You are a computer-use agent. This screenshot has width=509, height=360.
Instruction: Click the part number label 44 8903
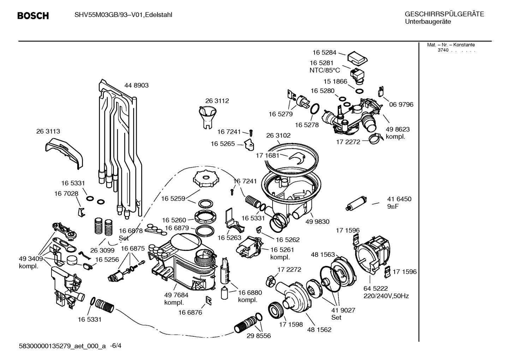point(136,85)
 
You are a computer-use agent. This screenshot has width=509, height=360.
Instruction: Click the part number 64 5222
point(376,289)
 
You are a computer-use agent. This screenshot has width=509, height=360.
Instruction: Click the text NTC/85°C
point(324,70)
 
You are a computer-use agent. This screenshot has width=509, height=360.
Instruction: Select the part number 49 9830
point(317,222)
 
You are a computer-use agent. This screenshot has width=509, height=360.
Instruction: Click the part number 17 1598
point(291,324)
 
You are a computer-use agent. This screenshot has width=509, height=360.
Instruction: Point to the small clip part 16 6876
point(209,300)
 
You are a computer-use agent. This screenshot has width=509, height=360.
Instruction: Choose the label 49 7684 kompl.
point(176,299)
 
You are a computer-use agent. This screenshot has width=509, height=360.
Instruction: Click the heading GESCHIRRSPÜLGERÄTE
point(444,14)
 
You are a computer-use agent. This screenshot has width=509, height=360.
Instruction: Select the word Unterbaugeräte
point(427,22)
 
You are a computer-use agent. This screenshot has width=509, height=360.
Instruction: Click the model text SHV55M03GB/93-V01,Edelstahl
point(123,15)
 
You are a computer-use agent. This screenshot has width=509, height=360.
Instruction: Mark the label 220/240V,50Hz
point(386,296)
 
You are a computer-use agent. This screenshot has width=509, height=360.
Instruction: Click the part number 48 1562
point(319,330)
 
